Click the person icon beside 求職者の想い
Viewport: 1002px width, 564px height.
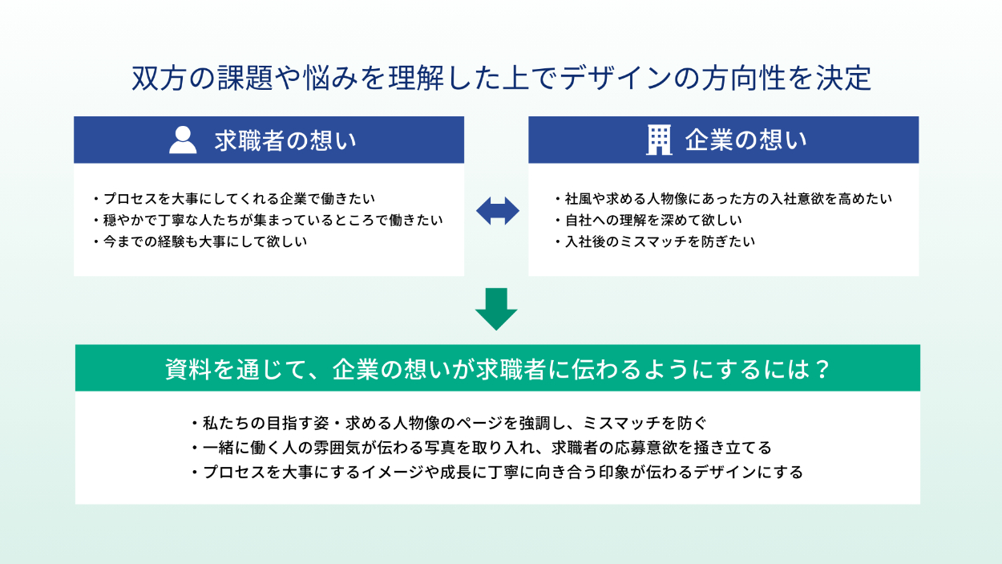click(183, 140)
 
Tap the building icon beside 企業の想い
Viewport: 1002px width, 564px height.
click(659, 140)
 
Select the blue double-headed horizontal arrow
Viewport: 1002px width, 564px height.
click(497, 212)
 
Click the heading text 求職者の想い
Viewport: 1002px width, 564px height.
click(285, 140)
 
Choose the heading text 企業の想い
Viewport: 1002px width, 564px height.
click(745, 140)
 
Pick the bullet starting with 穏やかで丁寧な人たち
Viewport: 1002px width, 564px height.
click(268, 219)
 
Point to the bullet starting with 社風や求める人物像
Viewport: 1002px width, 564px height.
click(723, 198)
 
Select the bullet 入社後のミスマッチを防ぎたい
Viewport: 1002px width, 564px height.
click(654, 241)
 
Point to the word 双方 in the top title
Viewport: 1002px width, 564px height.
click(152, 79)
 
